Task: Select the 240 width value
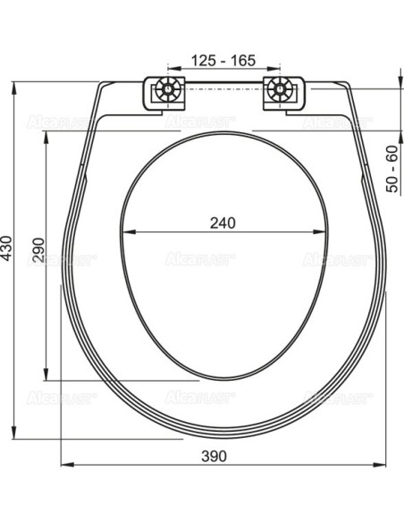click(x=223, y=223)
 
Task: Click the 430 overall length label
click(x=7, y=248)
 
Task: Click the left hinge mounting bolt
click(x=166, y=91)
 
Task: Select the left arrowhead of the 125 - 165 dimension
click(x=170, y=71)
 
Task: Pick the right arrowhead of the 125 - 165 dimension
click(x=278, y=71)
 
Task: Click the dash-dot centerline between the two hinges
click(x=223, y=91)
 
